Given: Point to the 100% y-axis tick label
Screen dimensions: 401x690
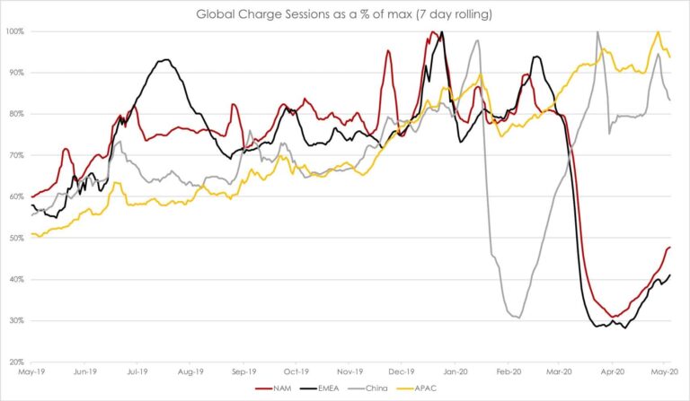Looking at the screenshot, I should (14, 31).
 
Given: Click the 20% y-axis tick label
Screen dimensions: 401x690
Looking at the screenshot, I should (16, 362).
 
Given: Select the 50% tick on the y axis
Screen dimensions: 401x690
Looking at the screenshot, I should (16, 238).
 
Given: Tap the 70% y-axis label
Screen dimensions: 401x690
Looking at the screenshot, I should (16, 155).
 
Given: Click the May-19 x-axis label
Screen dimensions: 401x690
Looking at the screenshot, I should (31, 370).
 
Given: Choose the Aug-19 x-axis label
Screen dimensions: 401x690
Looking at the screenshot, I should (190, 370).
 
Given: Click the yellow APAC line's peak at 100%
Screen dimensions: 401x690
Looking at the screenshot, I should (658, 31).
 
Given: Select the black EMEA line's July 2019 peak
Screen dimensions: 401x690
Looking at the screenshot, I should (164, 60).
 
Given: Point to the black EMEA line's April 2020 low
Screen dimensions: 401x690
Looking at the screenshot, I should (624, 328).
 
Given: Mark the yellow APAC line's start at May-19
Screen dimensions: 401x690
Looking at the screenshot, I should (32, 234).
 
